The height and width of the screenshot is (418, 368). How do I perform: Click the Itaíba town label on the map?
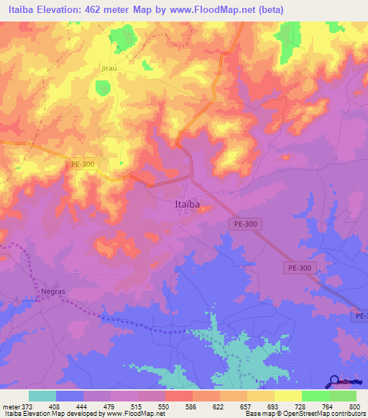click(189, 204)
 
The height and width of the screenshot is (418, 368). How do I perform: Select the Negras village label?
click(53, 292)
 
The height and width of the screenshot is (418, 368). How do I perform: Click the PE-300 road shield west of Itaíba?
click(83, 164)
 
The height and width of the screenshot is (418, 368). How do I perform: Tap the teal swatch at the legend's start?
click(42, 396)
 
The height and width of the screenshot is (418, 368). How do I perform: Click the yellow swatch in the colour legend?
click(288, 396)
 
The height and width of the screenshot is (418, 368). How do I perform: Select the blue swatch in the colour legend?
click(70, 396)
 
